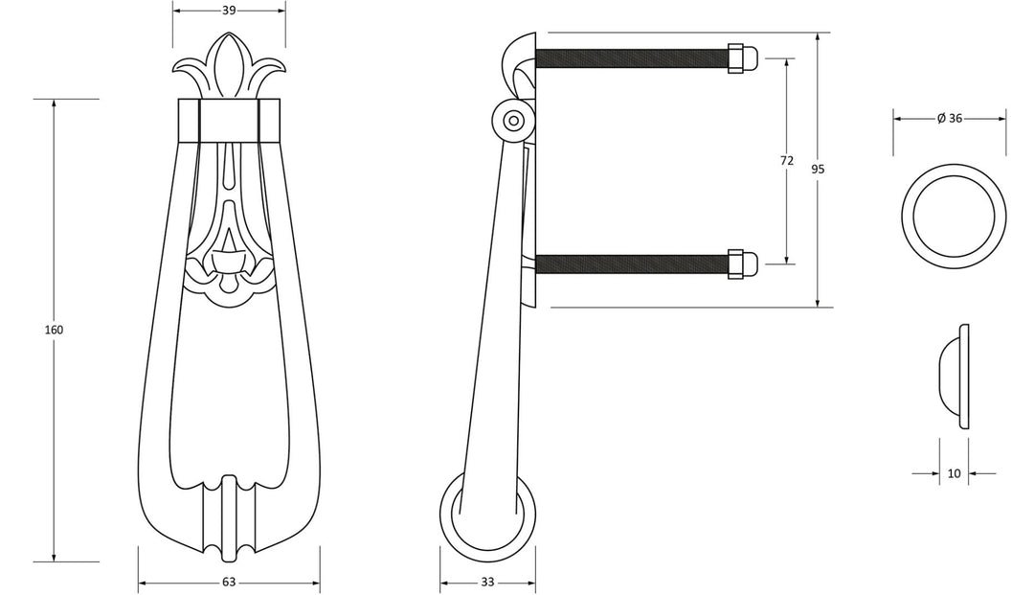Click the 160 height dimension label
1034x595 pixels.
[x=54, y=330]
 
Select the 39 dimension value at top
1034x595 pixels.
[x=229, y=11]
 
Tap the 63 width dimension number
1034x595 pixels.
[x=229, y=582]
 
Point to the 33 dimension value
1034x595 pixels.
[x=487, y=582]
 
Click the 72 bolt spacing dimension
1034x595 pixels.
[x=787, y=160]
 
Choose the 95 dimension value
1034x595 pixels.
[x=818, y=170]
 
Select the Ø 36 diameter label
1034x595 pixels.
[x=950, y=118]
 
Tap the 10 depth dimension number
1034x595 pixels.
[x=954, y=473]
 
